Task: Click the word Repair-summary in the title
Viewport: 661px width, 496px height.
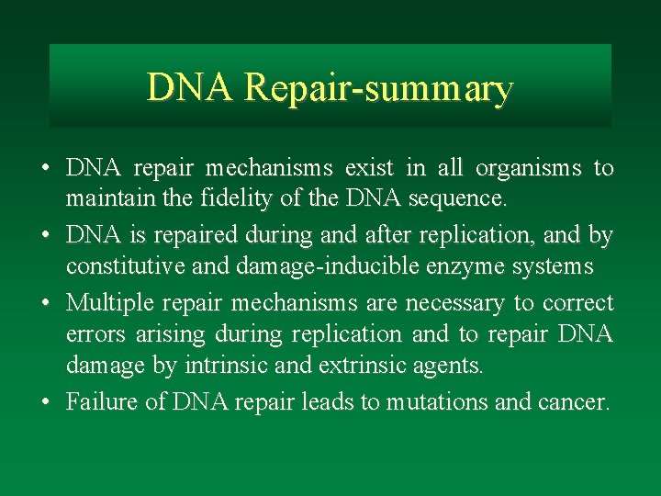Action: (379, 89)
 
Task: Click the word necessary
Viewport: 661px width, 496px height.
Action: (448, 302)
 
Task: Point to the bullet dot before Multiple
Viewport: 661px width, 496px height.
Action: (45, 303)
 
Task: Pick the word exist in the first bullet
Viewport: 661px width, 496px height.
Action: (369, 168)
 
